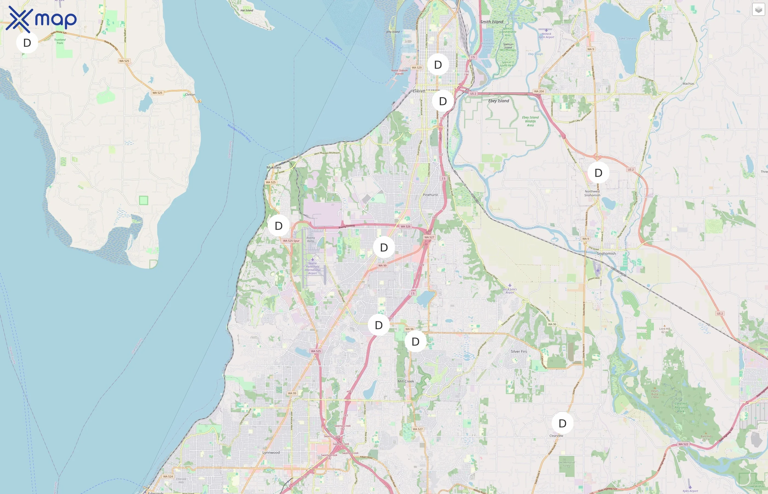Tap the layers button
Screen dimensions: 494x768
758,10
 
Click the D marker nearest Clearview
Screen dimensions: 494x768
562,423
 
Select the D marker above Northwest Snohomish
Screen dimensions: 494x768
598,173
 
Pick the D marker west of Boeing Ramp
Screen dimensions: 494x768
279,226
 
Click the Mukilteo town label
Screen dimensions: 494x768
274,167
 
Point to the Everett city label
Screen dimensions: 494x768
419,91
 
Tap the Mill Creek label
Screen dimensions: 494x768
405,381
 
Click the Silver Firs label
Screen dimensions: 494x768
519,352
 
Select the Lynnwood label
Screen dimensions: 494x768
271,453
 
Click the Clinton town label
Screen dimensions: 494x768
190,95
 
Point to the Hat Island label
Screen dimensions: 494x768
247,10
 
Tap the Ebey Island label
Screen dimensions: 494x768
498,101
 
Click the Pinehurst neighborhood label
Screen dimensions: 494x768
430,195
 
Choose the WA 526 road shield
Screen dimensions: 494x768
405,226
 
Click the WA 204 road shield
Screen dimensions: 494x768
539,91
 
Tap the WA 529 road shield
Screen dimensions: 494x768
416,68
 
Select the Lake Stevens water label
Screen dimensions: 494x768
628,38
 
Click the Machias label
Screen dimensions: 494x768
688,84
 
